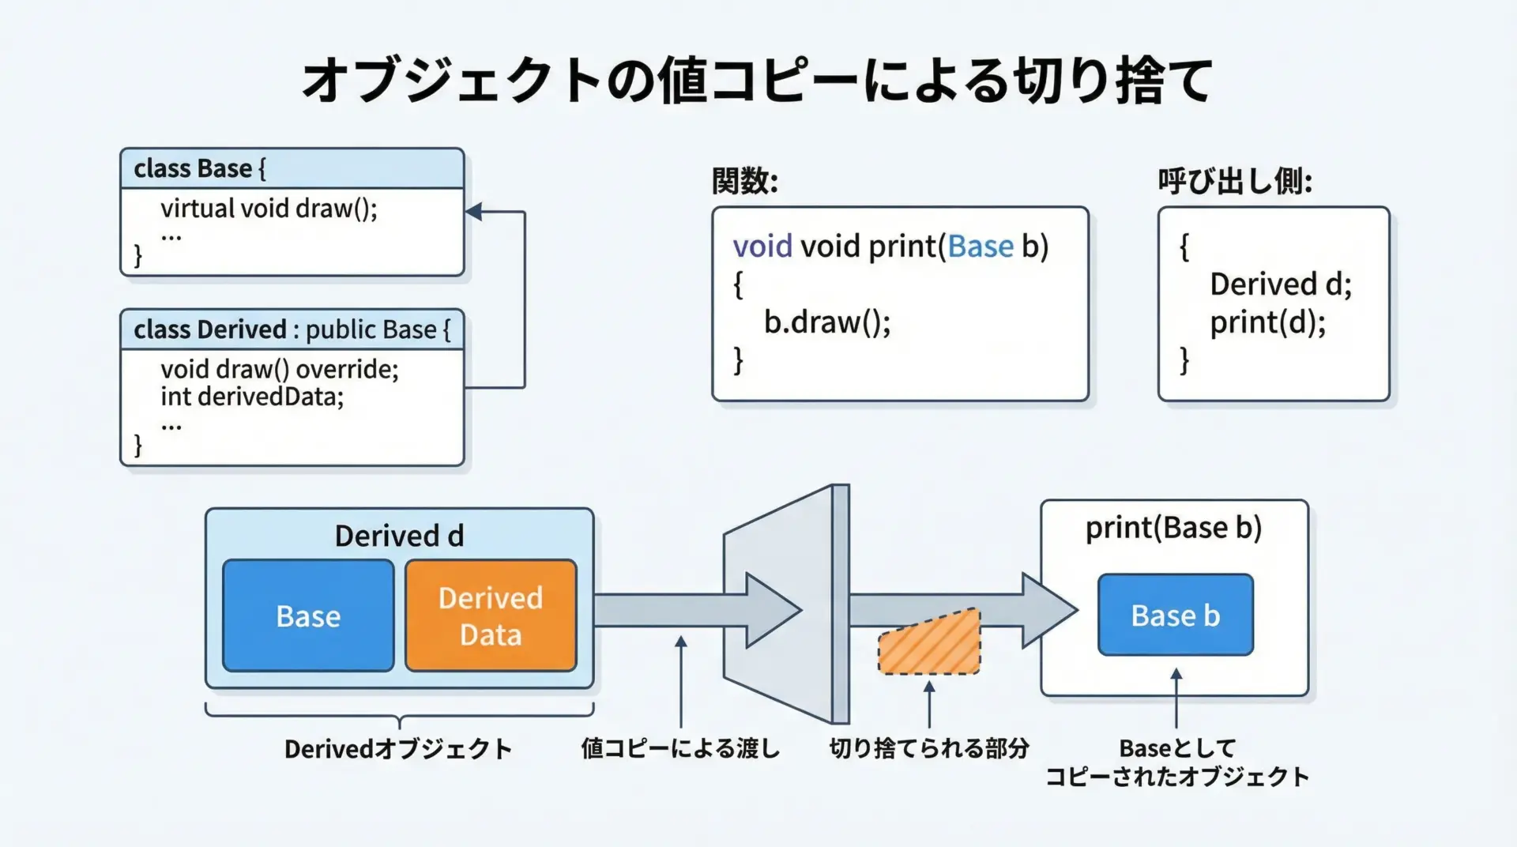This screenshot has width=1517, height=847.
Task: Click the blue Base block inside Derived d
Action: [x=308, y=615]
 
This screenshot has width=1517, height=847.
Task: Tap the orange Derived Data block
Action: [x=491, y=615]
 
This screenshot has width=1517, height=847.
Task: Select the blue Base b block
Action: [x=1175, y=615]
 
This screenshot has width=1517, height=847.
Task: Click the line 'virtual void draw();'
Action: [x=269, y=209]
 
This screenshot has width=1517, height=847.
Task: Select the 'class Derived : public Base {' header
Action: [x=292, y=329]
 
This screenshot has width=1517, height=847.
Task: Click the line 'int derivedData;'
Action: [x=252, y=397]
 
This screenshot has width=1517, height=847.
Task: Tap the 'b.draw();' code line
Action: [x=826, y=322]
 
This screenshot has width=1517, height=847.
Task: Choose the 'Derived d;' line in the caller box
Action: [x=1280, y=284]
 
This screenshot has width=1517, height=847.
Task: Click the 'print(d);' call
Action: [x=1267, y=322]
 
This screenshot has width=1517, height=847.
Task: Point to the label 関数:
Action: [x=744, y=182]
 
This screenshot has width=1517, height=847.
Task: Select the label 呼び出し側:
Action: [x=1235, y=182]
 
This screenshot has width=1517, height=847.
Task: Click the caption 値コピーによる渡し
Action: [x=680, y=748]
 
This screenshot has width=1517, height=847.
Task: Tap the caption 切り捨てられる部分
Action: [x=928, y=748]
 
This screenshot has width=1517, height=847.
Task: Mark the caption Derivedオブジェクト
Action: [x=398, y=749]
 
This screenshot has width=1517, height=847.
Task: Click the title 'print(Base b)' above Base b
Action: [x=1173, y=528]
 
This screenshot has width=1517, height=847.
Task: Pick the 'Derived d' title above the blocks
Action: [x=399, y=536]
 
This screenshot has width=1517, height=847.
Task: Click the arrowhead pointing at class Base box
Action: [x=474, y=212]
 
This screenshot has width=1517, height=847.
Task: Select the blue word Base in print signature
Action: [x=980, y=247]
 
